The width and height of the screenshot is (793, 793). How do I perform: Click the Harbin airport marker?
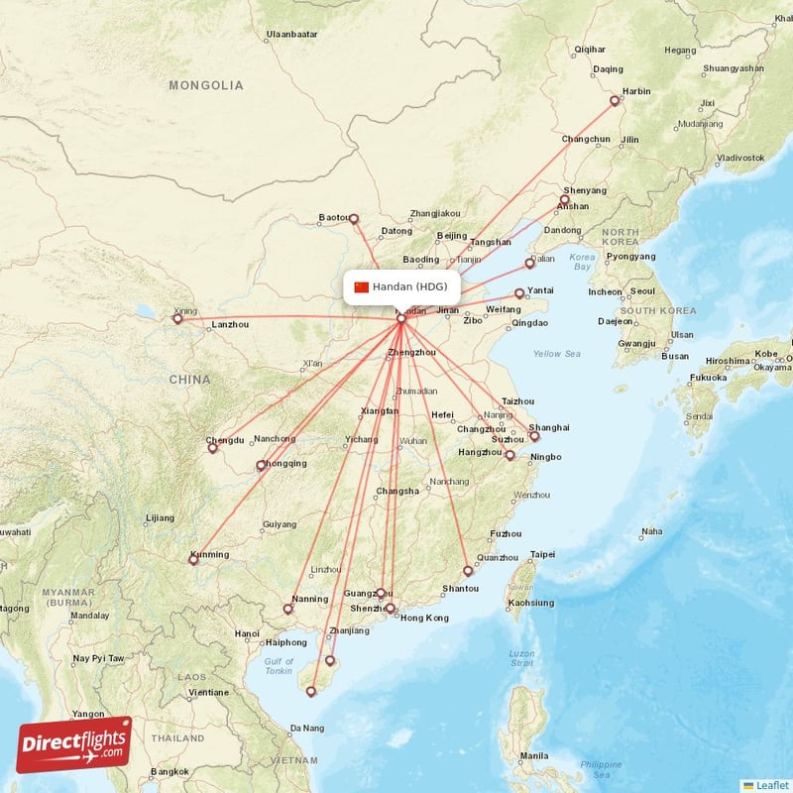pyautogui.click(x=615, y=100)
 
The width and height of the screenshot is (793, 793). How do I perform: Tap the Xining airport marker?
pyautogui.click(x=177, y=318)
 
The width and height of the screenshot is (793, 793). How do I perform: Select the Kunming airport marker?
pyautogui.click(x=193, y=560)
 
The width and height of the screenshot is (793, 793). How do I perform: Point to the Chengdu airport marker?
pyautogui.click(x=212, y=448)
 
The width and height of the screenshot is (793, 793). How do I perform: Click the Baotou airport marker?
pyautogui.click(x=353, y=219)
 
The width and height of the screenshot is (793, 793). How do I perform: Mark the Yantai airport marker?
pyautogui.click(x=518, y=293)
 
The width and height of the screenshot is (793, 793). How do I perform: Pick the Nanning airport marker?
pyautogui.click(x=287, y=609)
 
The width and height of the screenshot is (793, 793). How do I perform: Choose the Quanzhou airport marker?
pyautogui.click(x=468, y=571)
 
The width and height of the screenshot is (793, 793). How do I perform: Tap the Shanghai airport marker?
pyautogui.click(x=534, y=436)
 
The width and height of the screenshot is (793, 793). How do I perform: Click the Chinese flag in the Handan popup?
pyautogui.click(x=361, y=287)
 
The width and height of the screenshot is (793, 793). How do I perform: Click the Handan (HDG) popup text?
pyautogui.click(x=409, y=287)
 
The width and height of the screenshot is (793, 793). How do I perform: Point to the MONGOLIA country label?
pyautogui.click(x=205, y=85)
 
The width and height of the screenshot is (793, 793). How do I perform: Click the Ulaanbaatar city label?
pyautogui.click(x=291, y=34)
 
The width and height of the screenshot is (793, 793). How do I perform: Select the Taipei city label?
pyautogui.click(x=542, y=554)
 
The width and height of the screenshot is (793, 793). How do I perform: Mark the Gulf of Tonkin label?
pyautogui.click(x=280, y=666)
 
